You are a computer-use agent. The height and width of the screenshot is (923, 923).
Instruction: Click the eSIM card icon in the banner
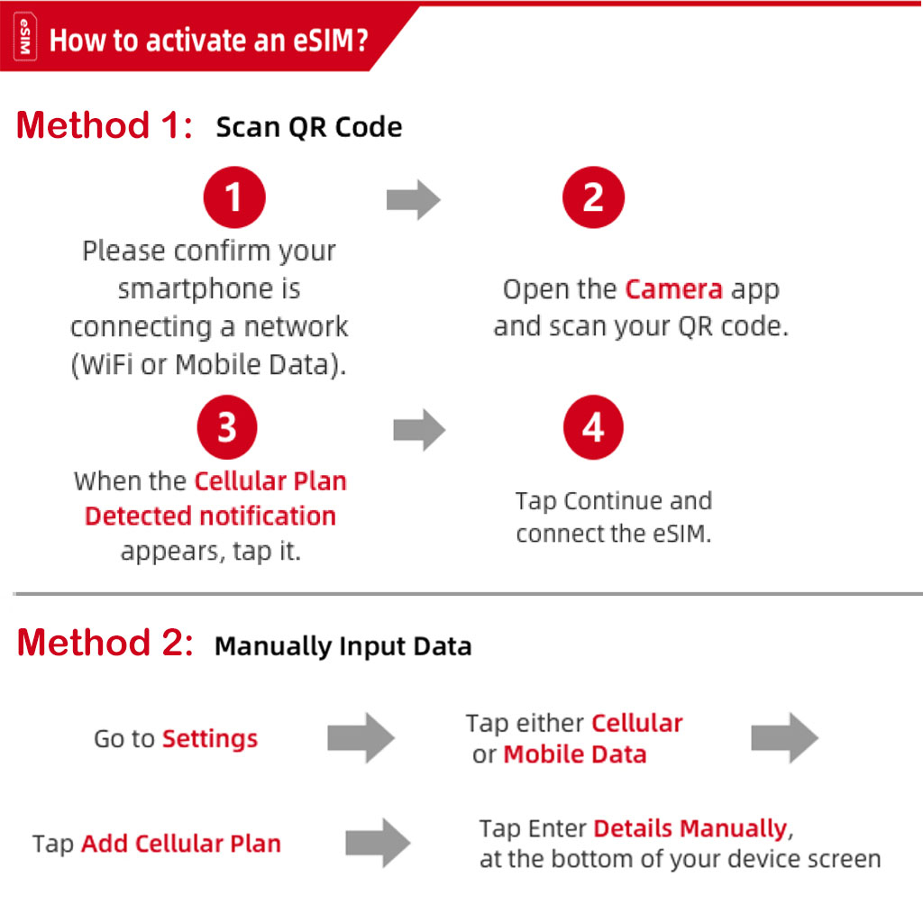24,37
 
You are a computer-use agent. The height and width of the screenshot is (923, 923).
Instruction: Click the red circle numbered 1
234,197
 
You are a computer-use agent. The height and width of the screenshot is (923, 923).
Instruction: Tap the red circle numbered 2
593,197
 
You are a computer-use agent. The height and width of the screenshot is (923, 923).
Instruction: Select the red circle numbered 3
227,426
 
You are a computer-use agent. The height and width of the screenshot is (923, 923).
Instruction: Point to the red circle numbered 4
593,426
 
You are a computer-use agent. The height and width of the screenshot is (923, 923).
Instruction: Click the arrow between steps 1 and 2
413,199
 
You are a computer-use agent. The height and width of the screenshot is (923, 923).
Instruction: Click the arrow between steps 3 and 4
419,430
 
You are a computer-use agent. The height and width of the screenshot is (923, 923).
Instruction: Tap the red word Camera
673,289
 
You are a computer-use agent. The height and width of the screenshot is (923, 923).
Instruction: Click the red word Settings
210,739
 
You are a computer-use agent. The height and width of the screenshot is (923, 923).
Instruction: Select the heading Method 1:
105,125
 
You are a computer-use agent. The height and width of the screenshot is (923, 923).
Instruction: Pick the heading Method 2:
105,642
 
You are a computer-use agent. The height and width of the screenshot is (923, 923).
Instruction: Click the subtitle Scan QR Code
309,127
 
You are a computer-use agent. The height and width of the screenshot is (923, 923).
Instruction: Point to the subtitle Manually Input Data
343,646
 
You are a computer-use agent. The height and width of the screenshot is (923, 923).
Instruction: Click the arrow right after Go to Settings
361,737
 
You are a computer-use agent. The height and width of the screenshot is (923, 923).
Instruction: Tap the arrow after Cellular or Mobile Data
785,737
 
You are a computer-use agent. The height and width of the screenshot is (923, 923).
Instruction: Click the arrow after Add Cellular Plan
378,843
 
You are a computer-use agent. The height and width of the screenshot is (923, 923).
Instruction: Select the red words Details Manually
690,829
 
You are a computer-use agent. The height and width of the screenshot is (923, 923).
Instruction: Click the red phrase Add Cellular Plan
181,844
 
